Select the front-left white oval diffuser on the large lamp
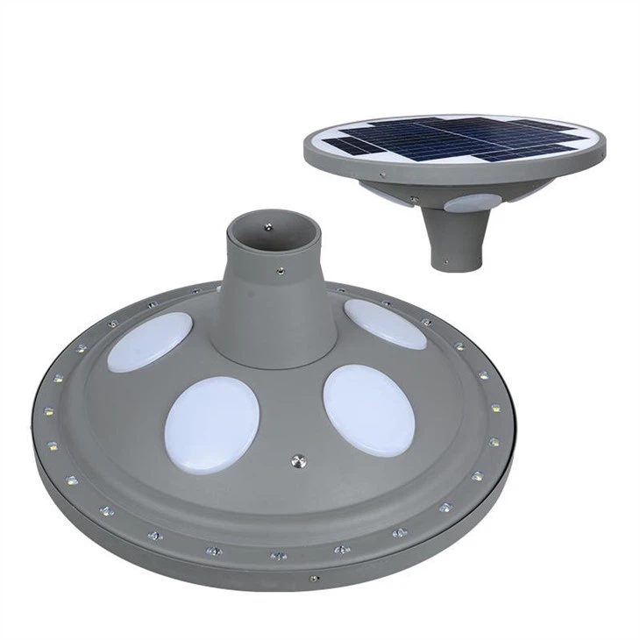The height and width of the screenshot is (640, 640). click(x=212, y=424)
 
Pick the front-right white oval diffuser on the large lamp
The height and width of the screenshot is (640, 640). click(x=368, y=409)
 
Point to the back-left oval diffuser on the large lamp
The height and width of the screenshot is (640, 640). click(x=150, y=341)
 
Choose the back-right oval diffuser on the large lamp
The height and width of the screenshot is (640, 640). click(x=385, y=323)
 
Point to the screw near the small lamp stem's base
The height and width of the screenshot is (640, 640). click(x=446, y=260)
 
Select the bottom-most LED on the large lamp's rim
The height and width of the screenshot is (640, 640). click(x=279, y=555)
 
